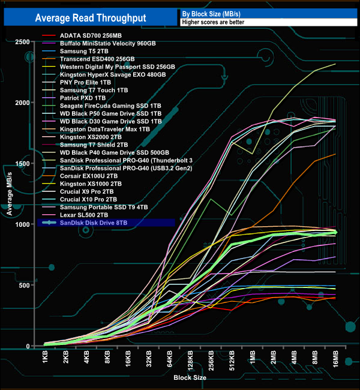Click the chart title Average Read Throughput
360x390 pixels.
click(91, 18)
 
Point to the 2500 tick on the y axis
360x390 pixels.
click(23, 41)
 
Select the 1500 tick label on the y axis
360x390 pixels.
click(23, 163)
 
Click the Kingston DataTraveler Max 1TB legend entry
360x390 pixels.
click(104, 129)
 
